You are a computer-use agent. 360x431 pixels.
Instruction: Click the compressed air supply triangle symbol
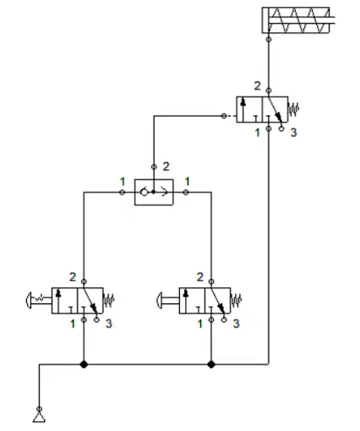(39, 417)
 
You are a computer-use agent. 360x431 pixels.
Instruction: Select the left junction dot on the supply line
(84, 364)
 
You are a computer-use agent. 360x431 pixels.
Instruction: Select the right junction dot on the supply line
(211, 364)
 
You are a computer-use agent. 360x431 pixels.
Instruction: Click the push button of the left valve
(29, 300)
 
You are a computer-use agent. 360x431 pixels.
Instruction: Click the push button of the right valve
(160, 300)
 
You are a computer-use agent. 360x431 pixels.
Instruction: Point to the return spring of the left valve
(109, 300)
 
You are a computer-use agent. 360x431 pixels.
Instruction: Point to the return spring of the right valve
(236, 300)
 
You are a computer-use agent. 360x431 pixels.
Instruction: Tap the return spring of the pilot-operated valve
(293, 109)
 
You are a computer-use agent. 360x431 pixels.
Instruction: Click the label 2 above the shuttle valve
(166, 166)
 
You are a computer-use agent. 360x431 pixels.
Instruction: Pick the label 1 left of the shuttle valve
(123, 182)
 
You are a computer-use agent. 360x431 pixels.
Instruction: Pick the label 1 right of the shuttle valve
(187, 182)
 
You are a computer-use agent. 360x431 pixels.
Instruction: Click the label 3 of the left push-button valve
(109, 324)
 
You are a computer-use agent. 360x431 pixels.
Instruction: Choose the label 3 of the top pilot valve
(294, 133)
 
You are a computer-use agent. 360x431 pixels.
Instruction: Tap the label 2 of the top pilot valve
(258, 86)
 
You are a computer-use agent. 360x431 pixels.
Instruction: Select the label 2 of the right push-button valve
(200, 277)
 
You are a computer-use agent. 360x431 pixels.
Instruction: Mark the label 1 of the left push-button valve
(73, 324)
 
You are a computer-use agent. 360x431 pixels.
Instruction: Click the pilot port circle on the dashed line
(224, 116)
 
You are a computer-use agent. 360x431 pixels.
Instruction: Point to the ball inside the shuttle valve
(145, 193)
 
